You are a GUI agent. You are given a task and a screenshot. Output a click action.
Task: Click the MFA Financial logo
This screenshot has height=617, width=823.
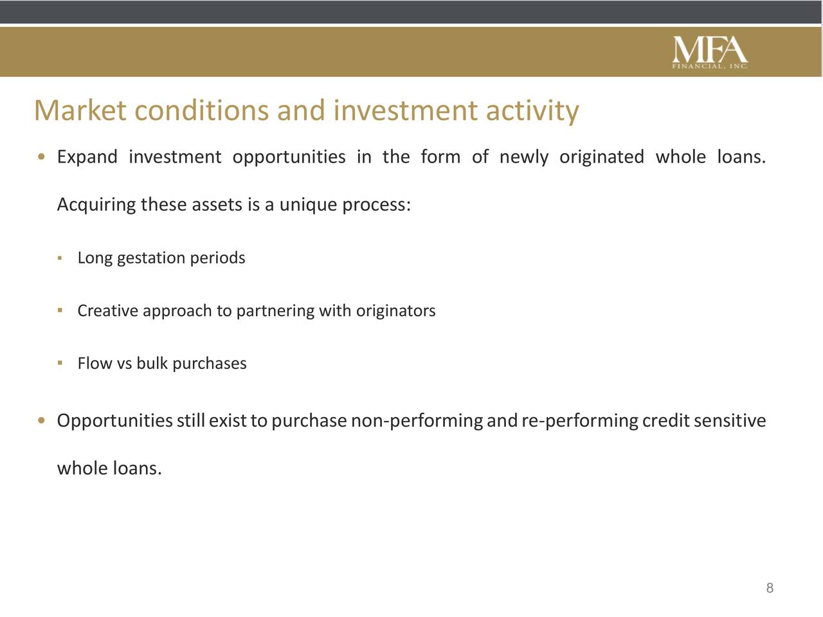point(710,53)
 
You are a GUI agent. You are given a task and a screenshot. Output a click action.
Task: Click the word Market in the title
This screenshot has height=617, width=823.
point(80,111)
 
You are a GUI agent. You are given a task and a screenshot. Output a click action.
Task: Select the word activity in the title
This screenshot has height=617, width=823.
point(532,112)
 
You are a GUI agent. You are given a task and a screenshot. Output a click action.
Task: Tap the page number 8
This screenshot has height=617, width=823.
point(770,588)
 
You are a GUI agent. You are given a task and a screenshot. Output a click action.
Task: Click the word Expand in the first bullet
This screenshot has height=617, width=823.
point(87,157)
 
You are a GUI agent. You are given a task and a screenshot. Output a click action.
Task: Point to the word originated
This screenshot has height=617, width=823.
point(601,157)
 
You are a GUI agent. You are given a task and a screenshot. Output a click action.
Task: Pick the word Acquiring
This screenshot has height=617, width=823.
point(96,205)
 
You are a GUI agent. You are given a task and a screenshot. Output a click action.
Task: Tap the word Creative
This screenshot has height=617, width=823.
point(108,310)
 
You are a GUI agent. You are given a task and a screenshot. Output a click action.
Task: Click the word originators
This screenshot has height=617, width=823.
point(395,310)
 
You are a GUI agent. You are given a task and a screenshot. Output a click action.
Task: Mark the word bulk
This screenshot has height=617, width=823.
point(152,363)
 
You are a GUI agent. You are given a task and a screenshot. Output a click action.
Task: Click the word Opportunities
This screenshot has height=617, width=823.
point(114,421)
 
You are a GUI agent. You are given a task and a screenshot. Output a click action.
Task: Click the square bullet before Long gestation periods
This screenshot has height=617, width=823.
point(60,258)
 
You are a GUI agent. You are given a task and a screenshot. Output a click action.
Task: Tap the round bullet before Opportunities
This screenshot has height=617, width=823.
point(42,421)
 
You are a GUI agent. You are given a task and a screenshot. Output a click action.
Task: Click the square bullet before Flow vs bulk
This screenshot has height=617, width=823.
point(60,362)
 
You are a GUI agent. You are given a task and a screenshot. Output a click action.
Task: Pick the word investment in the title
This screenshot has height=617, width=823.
point(405,111)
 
